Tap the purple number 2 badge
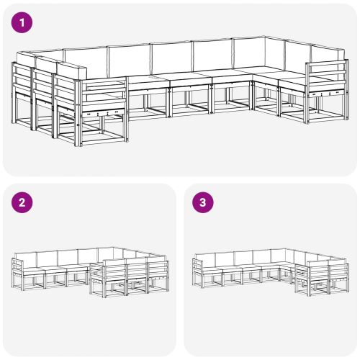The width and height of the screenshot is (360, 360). tap(23, 202)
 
